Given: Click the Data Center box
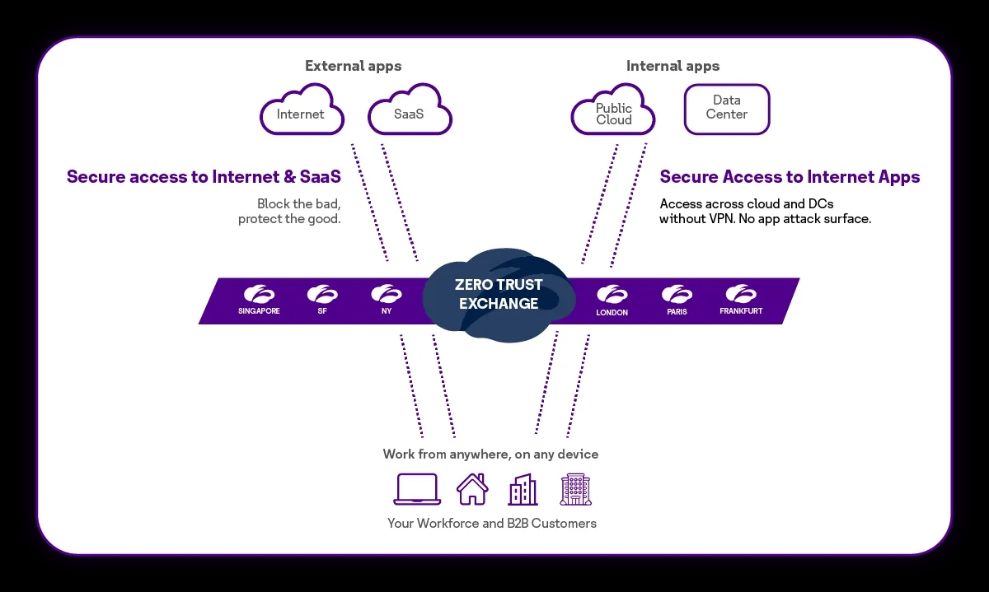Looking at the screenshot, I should [726, 109].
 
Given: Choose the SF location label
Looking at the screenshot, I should [322, 312].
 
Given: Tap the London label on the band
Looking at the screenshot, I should [612, 313].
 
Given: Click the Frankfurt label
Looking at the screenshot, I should [740, 312].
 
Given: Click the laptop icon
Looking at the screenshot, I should [418, 489].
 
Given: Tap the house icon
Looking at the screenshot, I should [472, 489].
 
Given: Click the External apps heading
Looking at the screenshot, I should [353, 66].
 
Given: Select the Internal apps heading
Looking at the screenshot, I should [673, 66].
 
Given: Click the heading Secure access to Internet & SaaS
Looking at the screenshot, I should [204, 177].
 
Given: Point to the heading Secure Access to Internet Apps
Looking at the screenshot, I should [790, 177].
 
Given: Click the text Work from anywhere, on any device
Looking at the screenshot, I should [490, 454].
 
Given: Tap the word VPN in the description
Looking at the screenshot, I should [725, 220].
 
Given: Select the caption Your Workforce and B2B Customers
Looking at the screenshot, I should [492, 524].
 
